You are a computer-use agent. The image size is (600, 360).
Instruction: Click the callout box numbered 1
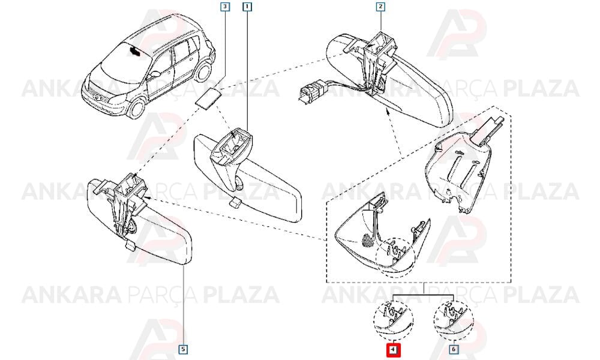248,7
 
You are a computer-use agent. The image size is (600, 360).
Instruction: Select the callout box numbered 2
380,7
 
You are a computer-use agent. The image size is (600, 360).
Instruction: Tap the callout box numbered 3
225,7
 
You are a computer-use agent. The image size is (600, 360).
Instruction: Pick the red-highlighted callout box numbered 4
394,350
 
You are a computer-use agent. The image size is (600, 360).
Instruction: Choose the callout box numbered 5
184,349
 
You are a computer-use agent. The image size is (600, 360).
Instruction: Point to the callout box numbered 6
454,349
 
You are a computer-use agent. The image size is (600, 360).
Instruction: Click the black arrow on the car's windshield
134,51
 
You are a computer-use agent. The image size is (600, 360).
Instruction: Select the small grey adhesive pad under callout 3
208,98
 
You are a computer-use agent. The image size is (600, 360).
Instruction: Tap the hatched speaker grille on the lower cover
367,240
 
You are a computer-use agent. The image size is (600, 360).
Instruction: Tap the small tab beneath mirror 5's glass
130,245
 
